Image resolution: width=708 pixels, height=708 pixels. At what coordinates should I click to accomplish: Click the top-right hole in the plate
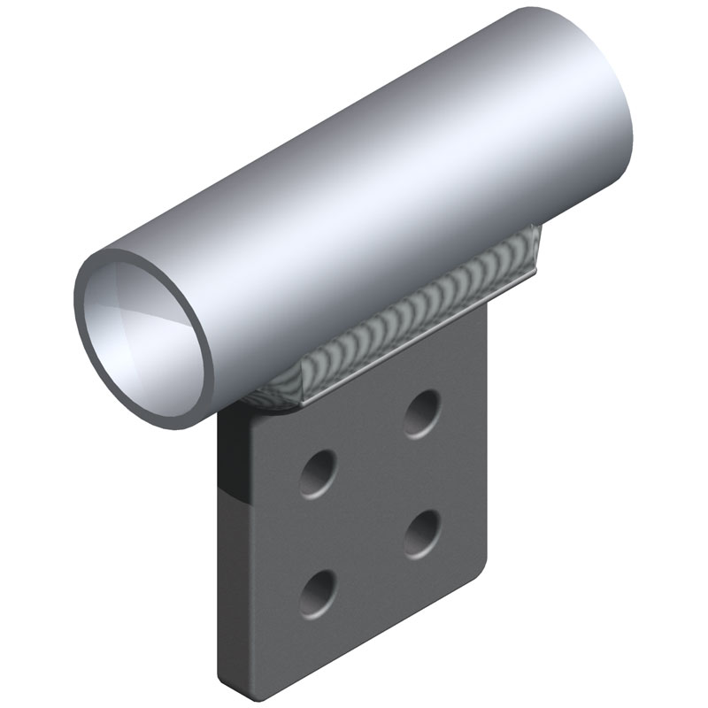(423, 412)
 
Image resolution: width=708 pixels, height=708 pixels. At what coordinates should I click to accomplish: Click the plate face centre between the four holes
(371, 502)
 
